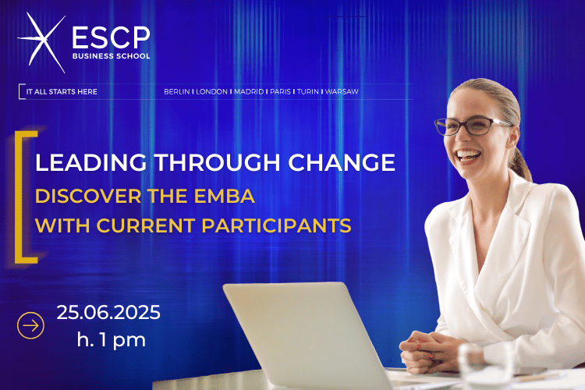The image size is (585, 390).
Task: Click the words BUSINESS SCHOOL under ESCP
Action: (111, 56)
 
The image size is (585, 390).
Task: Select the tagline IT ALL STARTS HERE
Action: (62, 91)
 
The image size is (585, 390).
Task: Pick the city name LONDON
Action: (212, 91)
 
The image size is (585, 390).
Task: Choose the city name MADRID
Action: (249, 91)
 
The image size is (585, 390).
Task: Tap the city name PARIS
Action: (281, 91)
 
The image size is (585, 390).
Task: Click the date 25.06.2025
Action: (108, 314)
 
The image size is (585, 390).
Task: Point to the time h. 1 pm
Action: (111, 340)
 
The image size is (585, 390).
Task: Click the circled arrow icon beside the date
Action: (30, 324)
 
